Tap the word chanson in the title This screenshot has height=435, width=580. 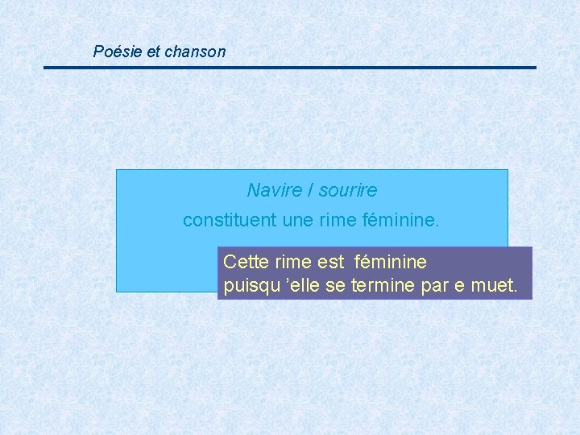pyautogui.click(x=195, y=52)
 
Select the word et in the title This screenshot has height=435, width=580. pyautogui.click(x=154, y=52)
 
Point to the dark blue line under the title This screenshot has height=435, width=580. pyautogui.click(x=290, y=68)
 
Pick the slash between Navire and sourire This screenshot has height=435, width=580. pyautogui.click(x=310, y=190)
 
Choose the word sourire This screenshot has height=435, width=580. pyautogui.click(x=347, y=190)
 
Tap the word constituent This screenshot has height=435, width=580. pyautogui.click(x=228, y=220)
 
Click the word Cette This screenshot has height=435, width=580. pyautogui.click(x=246, y=262)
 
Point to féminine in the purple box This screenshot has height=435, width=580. pyautogui.click(x=391, y=262)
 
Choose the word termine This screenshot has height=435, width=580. pyautogui.click(x=382, y=285)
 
